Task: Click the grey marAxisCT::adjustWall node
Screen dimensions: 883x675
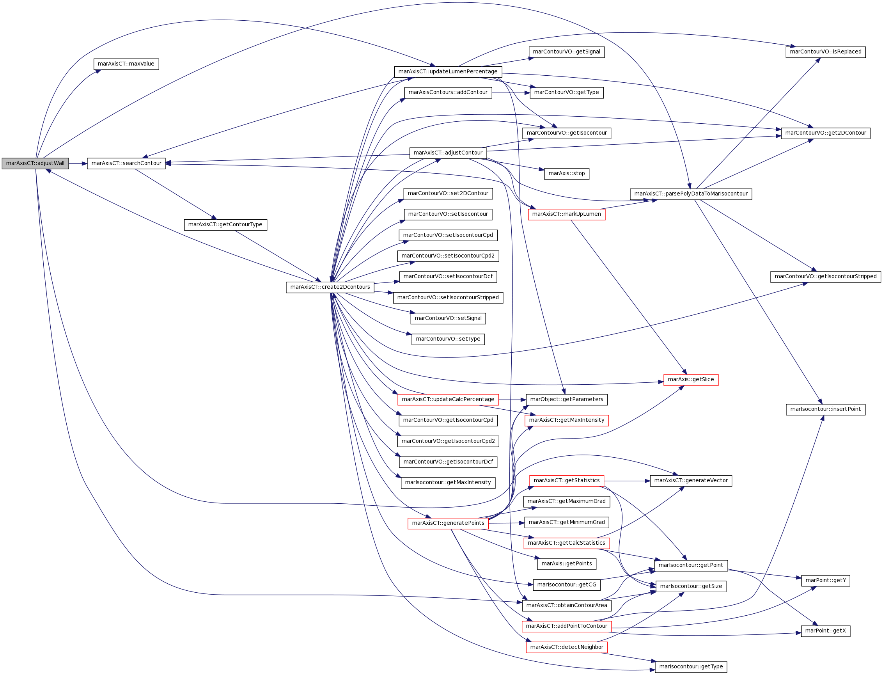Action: [x=35, y=163]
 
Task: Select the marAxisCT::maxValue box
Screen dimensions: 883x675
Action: [x=126, y=64]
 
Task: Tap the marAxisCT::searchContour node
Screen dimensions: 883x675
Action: [x=126, y=163]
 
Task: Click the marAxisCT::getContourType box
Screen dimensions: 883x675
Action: [x=225, y=225]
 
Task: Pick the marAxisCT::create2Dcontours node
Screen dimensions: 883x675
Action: [x=330, y=287]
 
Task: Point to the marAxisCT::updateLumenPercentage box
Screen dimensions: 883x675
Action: [x=448, y=72]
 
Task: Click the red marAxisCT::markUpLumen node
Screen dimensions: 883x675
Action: [x=566, y=214]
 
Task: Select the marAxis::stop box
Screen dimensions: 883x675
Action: [x=567, y=174]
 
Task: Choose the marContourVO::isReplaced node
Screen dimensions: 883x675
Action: [x=826, y=52]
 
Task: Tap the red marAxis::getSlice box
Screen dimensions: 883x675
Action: [x=691, y=380]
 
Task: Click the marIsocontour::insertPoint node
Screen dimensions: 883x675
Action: [x=826, y=409]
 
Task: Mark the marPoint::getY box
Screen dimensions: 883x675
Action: [x=826, y=581]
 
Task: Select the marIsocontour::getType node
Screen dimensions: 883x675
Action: [x=691, y=667]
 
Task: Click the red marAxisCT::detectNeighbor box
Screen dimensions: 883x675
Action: [x=567, y=647]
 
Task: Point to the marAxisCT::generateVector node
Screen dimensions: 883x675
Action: [x=691, y=481]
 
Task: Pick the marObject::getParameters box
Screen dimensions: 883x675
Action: [x=567, y=400]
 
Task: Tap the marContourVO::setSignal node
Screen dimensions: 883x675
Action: [x=448, y=318]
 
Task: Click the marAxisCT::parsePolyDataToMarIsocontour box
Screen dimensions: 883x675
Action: [x=691, y=194]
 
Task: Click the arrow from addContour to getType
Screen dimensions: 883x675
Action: [x=511, y=93]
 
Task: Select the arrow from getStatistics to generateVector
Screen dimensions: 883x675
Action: [x=627, y=481]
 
